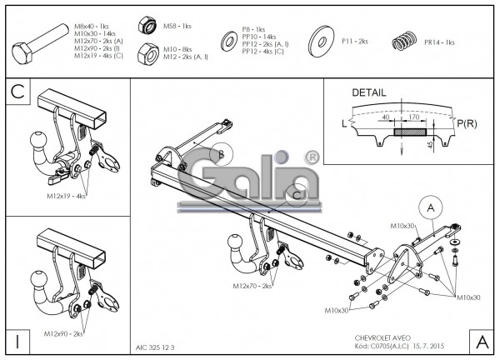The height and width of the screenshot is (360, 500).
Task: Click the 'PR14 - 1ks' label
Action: click(439, 42)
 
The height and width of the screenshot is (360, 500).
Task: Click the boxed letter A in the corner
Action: click(481, 341)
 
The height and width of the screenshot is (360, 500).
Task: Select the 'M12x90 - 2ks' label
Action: click(64, 333)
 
